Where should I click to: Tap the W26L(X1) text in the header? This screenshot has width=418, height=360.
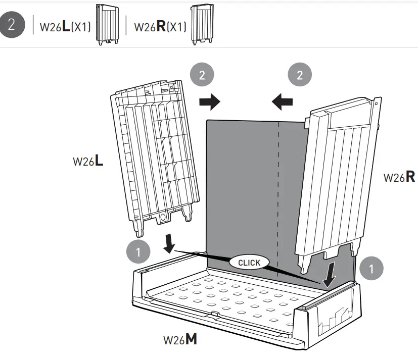(x=65, y=27)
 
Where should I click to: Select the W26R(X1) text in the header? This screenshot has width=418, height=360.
(x=160, y=27)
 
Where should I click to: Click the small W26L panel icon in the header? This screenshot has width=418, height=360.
(x=107, y=25)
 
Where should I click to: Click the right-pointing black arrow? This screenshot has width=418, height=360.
(x=209, y=102)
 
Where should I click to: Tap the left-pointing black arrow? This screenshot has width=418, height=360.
(x=283, y=102)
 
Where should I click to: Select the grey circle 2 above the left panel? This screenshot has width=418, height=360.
(x=202, y=75)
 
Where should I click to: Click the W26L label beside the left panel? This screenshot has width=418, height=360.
(x=88, y=162)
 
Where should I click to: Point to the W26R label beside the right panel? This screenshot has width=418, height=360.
(x=399, y=177)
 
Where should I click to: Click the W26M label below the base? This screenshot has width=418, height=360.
(x=180, y=339)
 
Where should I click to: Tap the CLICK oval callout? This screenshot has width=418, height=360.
(x=249, y=263)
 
